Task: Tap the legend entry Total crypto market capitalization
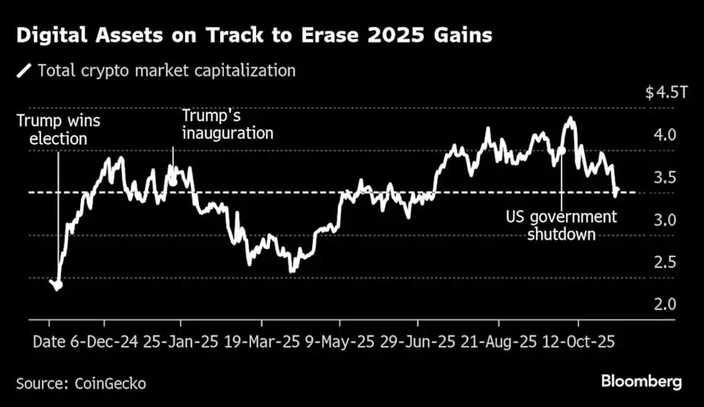coord(166,71)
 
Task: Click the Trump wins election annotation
coord(58,129)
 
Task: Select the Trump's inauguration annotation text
coord(227,124)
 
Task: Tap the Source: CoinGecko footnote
coord(81,383)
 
